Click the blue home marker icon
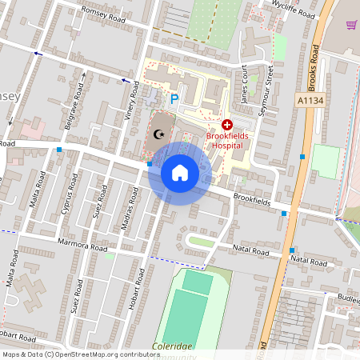[180, 172]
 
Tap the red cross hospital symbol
[227, 125]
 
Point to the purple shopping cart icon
[350, 24]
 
